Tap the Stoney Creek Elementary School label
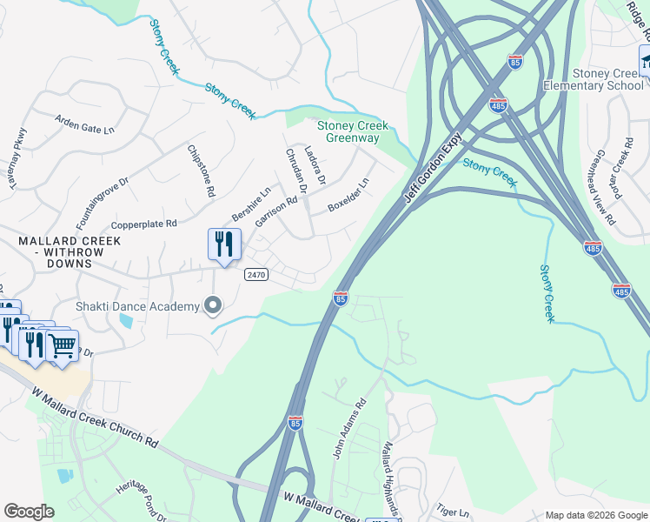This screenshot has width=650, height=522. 594,79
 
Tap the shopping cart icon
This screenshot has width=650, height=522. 62,346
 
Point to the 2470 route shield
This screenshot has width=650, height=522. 255,274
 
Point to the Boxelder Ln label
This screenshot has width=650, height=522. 348,196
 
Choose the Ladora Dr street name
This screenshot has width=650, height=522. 315,166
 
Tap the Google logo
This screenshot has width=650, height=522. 29,512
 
